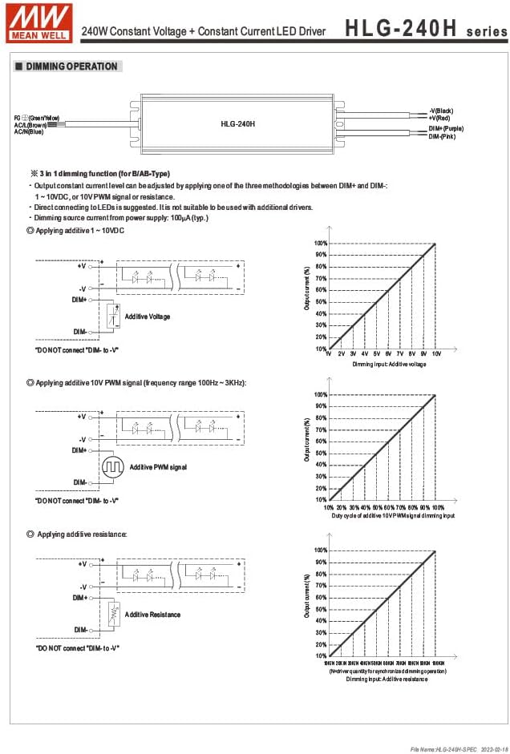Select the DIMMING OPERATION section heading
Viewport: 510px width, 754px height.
[x=71, y=67]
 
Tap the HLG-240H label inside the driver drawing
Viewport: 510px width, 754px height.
[x=237, y=124]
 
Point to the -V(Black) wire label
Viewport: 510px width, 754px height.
[x=442, y=110]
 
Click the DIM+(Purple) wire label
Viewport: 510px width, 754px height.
[x=446, y=128]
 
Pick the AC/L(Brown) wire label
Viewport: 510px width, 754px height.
[x=30, y=125]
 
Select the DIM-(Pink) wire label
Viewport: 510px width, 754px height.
[x=443, y=137]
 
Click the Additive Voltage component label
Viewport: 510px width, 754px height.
[x=148, y=317]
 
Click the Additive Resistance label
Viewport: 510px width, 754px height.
[x=152, y=615]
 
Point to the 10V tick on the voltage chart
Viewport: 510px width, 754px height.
[x=436, y=353]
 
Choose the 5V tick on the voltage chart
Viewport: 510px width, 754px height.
[x=376, y=353]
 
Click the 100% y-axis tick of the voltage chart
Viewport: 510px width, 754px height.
[x=320, y=244]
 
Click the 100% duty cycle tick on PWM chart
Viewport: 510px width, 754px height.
[x=438, y=507]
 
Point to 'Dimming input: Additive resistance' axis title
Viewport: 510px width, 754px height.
[x=387, y=679]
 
